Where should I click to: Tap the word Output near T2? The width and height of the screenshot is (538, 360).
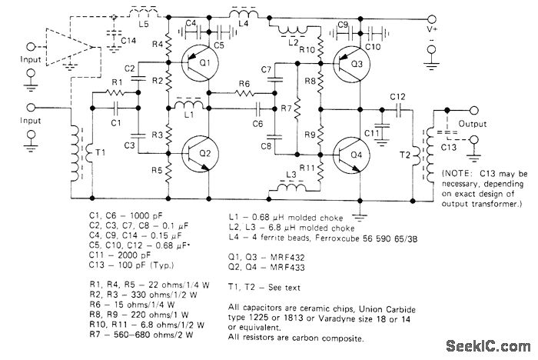[x=473, y=123]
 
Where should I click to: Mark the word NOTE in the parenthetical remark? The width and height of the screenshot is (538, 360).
[x=458, y=173]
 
